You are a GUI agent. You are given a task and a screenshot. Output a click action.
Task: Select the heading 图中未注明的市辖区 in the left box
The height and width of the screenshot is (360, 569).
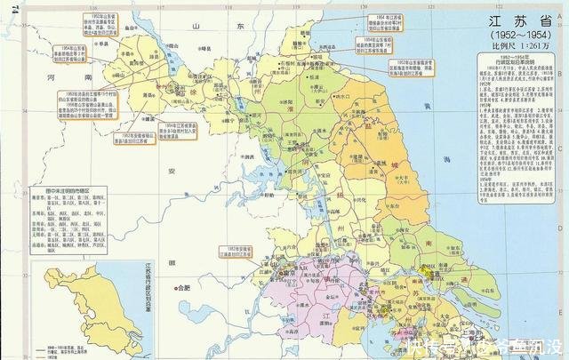click(x=71, y=190)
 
